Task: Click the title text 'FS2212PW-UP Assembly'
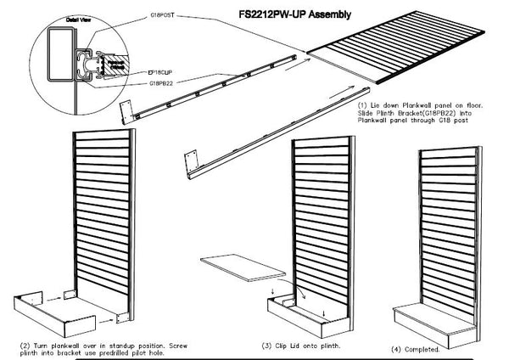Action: coord(279,14)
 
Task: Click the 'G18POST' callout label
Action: coord(163,15)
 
